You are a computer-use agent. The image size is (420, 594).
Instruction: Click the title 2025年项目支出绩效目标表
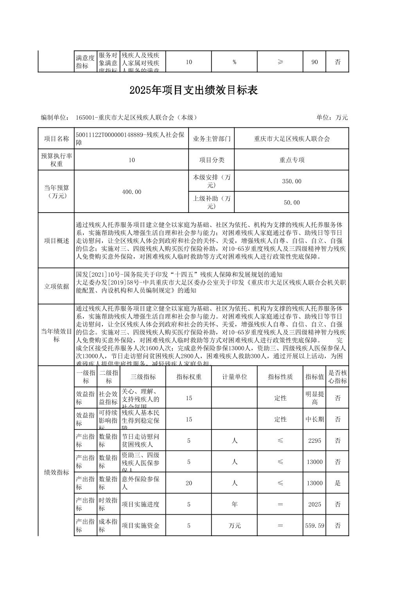point(194,91)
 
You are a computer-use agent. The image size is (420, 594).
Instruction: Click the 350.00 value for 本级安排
point(291,181)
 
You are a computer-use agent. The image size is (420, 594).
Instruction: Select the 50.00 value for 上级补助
point(291,202)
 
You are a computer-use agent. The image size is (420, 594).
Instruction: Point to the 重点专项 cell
point(291,160)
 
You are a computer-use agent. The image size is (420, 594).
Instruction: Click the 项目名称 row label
point(56,139)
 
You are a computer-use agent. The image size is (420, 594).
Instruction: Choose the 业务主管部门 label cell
point(211,139)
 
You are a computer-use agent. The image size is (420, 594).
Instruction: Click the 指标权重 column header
point(188,377)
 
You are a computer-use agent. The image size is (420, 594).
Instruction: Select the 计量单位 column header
point(234,377)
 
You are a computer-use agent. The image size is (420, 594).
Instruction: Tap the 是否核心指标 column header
point(337,377)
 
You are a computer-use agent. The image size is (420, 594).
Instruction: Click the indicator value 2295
point(314,440)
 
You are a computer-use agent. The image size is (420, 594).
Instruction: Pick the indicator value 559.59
point(314,526)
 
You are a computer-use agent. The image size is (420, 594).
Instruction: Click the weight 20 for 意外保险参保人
point(188,483)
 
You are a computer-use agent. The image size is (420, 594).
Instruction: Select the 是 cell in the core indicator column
point(337,483)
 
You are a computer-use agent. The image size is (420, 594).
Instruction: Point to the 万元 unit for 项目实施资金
point(234,526)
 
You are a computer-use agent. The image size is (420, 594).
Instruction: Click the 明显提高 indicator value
point(314,398)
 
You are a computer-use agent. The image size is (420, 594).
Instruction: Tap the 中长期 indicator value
point(314,419)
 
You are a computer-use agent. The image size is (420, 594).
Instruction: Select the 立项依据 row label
point(56,286)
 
